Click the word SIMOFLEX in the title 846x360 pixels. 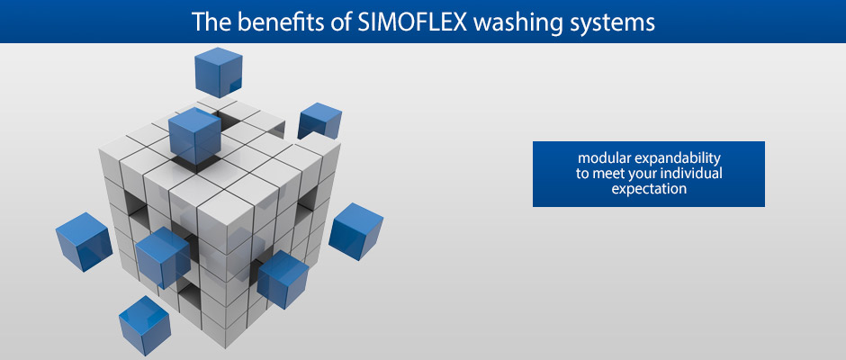[x=413, y=22]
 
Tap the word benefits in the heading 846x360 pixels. [x=288, y=22]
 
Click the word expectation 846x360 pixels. [x=649, y=189]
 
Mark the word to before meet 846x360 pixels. [x=582, y=175]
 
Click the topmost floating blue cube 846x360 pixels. [x=219, y=72]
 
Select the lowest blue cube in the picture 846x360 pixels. [x=145, y=326]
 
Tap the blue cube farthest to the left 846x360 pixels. [x=85, y=241]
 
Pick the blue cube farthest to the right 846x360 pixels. [x=356, y=231]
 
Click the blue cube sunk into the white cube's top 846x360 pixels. [x=194, y=136]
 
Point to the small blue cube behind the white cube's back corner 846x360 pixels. [x=319, y=121]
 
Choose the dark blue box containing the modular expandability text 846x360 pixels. [x=649, y=174]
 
